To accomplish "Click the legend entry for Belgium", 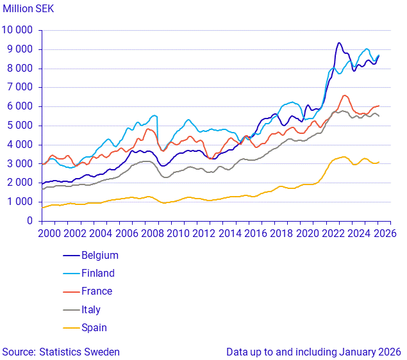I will tap(100, 255).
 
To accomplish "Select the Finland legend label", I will tap(98, 273).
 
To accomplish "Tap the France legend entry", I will tap(97, 291).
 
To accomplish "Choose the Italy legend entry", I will tap(91, 309).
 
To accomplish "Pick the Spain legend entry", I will tap(94, 327).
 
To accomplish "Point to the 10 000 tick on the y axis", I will tap(17, 30).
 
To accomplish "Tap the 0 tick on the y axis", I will tap(29, 221).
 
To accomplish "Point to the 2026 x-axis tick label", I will tap(385, 234).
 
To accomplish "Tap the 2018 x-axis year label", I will tap(281, 234).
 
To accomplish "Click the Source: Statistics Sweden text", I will tap(61, 352).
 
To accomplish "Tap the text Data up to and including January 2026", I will tap(313, 352).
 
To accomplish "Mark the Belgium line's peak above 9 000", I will tap(339, 43).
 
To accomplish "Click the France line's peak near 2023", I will tap(345, 95).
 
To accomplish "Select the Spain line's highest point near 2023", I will tap(344, 156).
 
